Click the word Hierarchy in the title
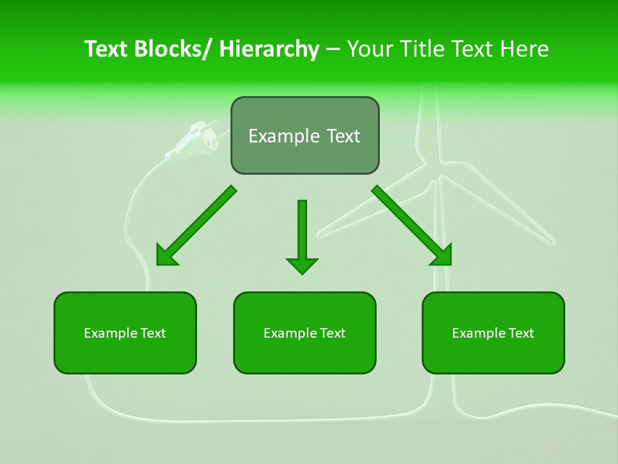point(269,49)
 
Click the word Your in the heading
point(369,49)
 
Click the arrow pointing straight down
point(302,235)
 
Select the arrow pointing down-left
point(196,226)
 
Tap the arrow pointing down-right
point(412,226)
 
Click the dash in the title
point(333,50)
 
